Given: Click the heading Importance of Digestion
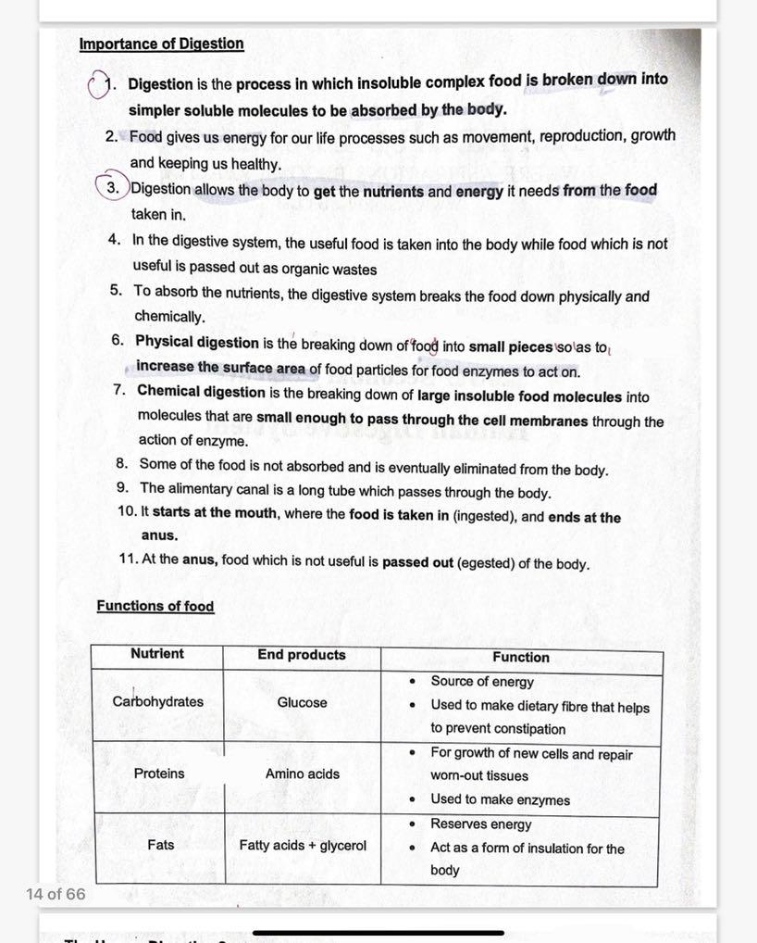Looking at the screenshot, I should pyautogui.click(x=161, y=44).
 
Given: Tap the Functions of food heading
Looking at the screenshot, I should pyautogui.click(x=155, y=606).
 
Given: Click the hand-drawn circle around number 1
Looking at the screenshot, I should pyautogui.click(x=97, y=86).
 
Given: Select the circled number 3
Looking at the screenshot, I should pyautogui.click(x=112, y=189).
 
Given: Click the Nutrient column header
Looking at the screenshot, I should pyautogui.click(x=156, y=654).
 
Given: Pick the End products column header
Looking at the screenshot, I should pyautogui.click(x=301, y=655).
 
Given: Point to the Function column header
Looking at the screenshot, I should pyautogui.click(x=520, y=657).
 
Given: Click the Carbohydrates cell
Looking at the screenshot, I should pyautogui.click(x=157, y=701).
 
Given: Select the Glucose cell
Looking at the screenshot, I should pyautogui.click(x=302, y=702).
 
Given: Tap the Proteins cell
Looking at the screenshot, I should pyautogui.click(x=158, y=773).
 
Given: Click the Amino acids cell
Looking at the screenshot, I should pyautogui.click(x=302, y=773).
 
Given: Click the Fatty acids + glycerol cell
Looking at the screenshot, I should pyautogui.click(x=303, y=845).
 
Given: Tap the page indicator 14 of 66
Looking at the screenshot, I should pyautogui.click(x=56, y=894).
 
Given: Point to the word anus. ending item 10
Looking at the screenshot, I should pyautogui.click(x=159, y=535).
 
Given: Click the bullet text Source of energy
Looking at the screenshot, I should pyautogui.click(x=481, y=682).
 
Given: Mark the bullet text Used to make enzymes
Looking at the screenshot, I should pyautogui.click(x=500, y=799).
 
